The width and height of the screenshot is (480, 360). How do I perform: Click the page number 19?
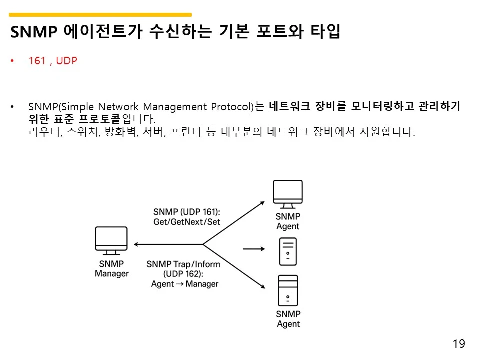[x=458, y=344]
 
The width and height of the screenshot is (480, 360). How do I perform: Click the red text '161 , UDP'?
[x=53, y=61]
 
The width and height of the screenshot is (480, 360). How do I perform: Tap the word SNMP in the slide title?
[x=34, y=32]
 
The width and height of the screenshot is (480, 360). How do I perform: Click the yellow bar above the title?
[x=100, y=15]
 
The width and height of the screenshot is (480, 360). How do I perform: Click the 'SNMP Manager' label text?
[x=112, y=268]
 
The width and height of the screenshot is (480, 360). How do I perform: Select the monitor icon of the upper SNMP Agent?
[x=288, y=194]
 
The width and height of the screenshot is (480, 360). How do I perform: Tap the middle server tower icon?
[x=288, y=251]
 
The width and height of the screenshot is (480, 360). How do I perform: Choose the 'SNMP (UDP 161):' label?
[x=186, y=211]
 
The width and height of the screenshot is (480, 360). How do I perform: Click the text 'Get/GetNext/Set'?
[x=186, y=222]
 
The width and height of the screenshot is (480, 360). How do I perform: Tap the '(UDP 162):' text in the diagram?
[x=183, y=274]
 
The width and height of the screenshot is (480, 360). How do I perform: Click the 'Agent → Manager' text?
[x=185, y=284]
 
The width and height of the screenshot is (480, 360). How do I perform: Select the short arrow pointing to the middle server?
[x=254, y=248]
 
